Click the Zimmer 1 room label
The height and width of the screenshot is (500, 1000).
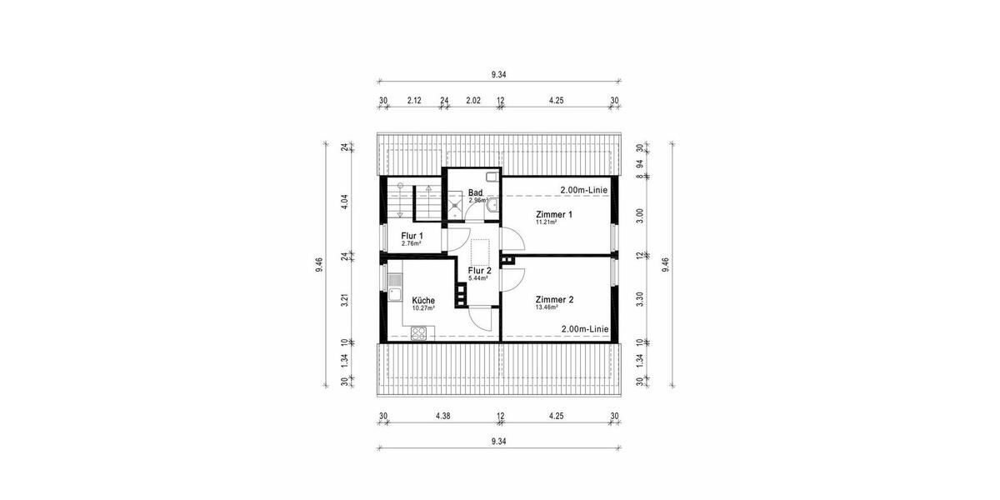point(554,214)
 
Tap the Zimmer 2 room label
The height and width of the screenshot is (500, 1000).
point(554,299)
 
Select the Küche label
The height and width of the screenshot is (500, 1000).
point(423,300)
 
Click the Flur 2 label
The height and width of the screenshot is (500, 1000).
point(480,271)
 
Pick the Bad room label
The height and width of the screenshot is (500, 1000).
point(476,192)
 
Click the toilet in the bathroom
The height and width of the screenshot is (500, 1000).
point(492,177)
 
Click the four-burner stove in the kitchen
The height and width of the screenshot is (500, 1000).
point(418,332)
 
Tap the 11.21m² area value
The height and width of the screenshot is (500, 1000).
point(546,222)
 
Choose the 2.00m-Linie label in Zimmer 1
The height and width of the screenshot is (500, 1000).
point(584,190)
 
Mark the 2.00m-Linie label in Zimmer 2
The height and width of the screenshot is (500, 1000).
point(584,329)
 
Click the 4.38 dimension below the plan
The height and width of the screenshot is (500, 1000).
point(442,417)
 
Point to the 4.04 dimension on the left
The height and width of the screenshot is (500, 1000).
point(345,202)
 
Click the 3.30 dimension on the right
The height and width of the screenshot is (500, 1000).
point(640,298)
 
